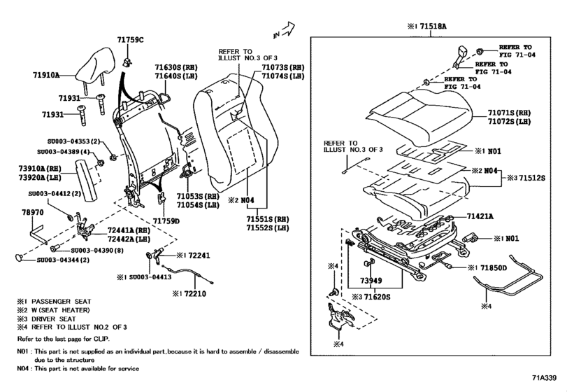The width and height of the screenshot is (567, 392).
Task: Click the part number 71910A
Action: (46, 74)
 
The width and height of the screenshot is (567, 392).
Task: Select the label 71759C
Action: (130, 39)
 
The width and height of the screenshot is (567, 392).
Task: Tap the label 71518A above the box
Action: (432, 26)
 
